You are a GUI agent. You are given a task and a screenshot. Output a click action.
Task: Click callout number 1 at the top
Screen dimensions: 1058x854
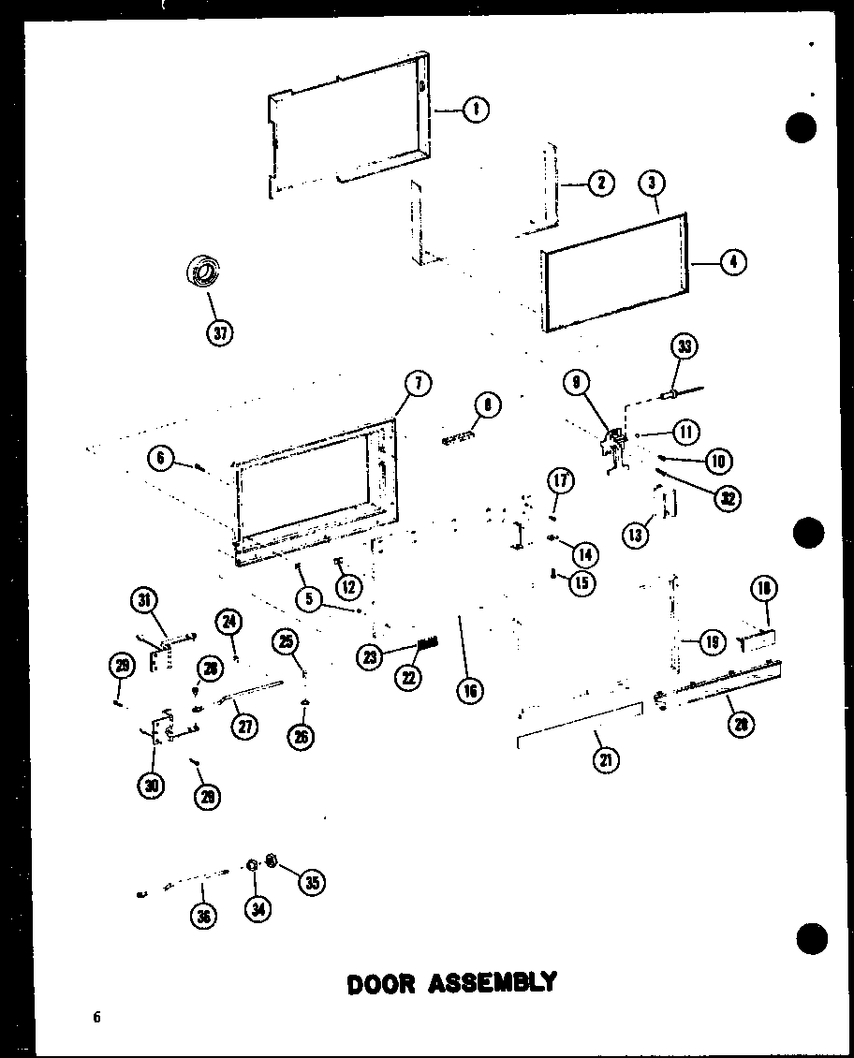(x=476, y=110)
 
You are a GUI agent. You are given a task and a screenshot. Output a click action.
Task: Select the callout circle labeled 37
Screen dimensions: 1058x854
(x=220, y=331)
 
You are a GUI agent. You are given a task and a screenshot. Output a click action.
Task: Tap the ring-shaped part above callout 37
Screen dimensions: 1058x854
(x=203, y=272)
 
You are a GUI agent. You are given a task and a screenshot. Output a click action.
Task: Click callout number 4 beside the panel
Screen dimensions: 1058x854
(x=733, y=262)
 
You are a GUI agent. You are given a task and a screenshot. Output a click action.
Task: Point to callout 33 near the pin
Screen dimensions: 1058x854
(x=685, y=346)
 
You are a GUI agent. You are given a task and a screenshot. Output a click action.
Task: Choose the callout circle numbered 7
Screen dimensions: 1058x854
(x=417, y=383)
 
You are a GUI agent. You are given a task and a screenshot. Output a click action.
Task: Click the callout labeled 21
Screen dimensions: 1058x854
(x=606, y=759)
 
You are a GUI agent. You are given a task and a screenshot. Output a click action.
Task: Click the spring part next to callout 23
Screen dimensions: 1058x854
(x=427, y=644)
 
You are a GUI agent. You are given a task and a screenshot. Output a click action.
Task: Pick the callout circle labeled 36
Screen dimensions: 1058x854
(x=202, y=917)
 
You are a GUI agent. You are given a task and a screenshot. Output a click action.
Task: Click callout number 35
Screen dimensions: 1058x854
(x=312, y=881)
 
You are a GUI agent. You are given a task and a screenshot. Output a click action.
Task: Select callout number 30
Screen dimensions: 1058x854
(x=151, y=786)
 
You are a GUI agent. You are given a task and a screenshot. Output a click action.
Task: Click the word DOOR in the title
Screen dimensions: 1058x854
(x=380, y=983)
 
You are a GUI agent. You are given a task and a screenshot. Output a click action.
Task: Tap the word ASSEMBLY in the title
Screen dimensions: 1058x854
(x=493, y=982)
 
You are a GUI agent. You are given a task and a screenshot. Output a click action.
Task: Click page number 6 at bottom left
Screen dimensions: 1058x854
(x=96, y=1018)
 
